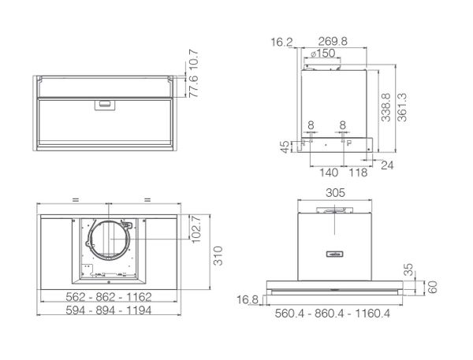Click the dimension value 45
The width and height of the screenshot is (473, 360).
[285, 147]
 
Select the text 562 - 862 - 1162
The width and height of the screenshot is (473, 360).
[108, 297]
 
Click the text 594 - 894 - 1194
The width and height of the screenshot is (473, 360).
[108, 312]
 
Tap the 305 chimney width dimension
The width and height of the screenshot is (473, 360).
[334, 192]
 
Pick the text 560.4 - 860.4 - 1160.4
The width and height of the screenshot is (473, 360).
[333, 314]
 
